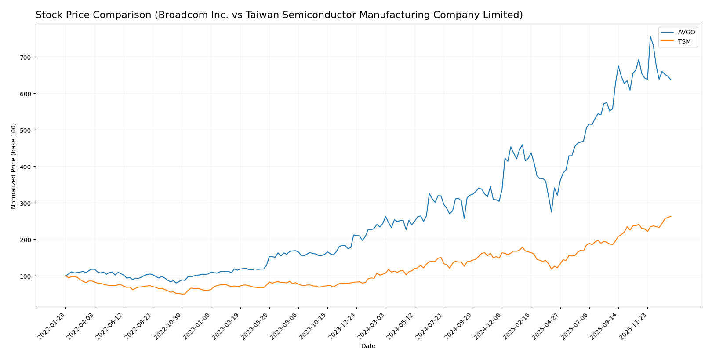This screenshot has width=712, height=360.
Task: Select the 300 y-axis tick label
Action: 27,203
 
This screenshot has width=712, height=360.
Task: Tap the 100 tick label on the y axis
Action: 27,276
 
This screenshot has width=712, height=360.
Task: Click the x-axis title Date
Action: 368,346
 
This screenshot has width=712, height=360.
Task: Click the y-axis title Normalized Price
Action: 14,166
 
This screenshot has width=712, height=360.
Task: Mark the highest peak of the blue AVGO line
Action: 650,36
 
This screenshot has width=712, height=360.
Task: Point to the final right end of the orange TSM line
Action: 671,216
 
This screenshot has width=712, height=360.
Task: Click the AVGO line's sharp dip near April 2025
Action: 551,212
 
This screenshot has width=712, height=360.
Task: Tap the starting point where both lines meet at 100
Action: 65,276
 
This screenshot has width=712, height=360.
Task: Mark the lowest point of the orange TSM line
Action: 183,294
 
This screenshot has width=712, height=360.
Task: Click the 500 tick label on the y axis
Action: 27,130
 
